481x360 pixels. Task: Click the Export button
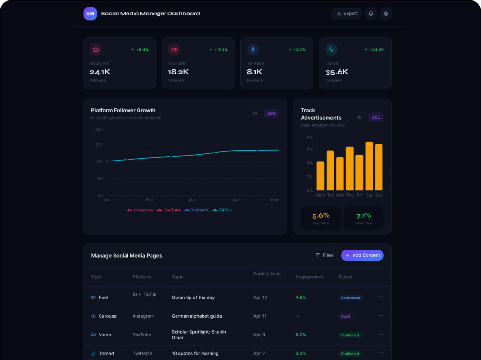point(347,13)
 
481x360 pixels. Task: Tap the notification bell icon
point(371,13)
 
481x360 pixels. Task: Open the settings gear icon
point(386,13)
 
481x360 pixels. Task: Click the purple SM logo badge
point(90,13)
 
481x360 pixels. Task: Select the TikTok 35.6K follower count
point(337,72)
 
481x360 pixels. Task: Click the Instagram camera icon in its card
point(96,50)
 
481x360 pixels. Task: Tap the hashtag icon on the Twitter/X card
point(253,50)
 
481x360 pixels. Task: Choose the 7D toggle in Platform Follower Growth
point(254,113)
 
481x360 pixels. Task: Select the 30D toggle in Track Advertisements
point(376,117)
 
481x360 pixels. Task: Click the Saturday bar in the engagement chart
point(369,166)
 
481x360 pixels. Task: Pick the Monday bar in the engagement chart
point(320,176)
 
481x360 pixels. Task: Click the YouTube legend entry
point(169,210)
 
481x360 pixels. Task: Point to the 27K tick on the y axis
point(100,145)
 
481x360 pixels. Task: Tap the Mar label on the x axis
point(192,200)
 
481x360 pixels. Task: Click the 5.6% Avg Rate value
point(321,216)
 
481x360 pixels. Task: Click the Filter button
point(324,255)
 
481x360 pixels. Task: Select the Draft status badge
point(345,316)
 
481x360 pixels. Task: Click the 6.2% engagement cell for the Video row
point(301,335)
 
